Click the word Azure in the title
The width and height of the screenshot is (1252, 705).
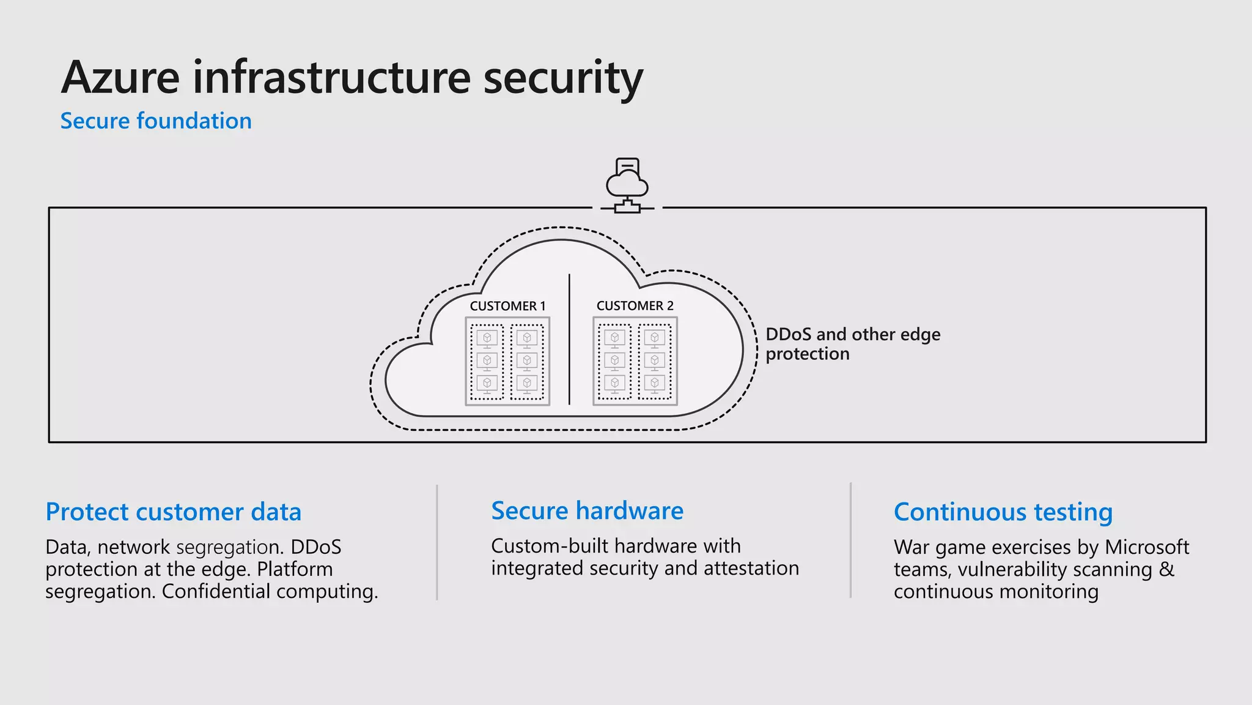pyautogui.click(x=120, y=78)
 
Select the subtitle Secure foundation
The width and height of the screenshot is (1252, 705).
pyautogui.click(x=156, y=121)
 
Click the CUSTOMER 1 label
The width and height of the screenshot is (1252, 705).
pyautogui.click(x=507, y=306)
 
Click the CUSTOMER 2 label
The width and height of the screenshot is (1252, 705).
pyautogui.click(x=635, y=305)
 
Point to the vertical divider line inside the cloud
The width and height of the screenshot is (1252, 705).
pyautogui.click(x=569, y=340)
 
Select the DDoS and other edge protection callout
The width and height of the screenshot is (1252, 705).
pyautogui.click(x=852, y=344)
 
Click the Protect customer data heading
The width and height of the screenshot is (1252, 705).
pyautogui.click(x=174, y=512)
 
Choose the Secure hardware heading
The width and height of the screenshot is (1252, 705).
pyautogui.click(x=587, y=510)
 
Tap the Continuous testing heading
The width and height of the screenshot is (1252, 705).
pyautogui.click(x=1003, y=512)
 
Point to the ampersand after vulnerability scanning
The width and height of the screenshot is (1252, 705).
pyautogui.click(x=1166, y=569)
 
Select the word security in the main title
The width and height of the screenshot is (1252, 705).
pyautogui.click(x=562, y=78)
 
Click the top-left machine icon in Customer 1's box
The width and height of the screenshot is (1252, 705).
pyautogui.click(x=487, y=338)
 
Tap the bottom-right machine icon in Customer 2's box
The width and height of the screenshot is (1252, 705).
pyautogui.click(x=655, y=383)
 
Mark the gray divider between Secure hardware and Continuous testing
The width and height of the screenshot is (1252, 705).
pyautogui.click(x=850, y=540)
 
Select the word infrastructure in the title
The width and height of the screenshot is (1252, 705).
pyautogui.click(x=331, y=78)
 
